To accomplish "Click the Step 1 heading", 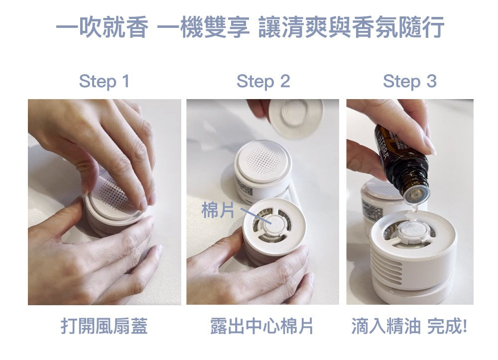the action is pos(105,82).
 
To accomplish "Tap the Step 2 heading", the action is pos(263,82).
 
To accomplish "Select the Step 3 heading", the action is pos(410,82).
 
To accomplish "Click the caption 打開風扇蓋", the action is pos(104,326).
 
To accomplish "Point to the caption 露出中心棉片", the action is pos(262,326).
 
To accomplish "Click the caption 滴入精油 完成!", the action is pos(409,326).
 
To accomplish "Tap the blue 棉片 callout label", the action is pos(218,210).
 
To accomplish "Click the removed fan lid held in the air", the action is pos(296,118).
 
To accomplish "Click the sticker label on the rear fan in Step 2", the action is pos(244,191).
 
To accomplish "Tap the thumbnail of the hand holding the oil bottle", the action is pos(410,202).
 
